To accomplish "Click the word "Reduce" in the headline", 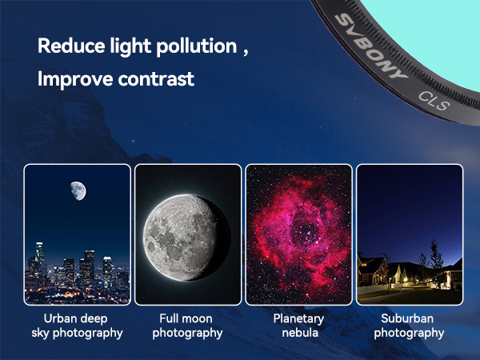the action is (x=71, y=46).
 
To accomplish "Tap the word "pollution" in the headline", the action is (x=197, y=46).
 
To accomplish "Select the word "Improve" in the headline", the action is (x=75, y=79).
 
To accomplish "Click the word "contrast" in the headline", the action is (x=156, y=79).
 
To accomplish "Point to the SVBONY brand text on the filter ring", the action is (x=371, y=46).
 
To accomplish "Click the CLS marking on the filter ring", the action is (x=434, y=101).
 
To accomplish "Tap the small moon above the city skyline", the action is (x=78, y=190).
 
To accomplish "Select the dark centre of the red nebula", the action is (x=304, y=233).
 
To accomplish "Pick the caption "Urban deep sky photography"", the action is (x=77, y=326).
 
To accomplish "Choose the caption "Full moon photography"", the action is (x=187, y=326).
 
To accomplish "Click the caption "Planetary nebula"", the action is (x=299, y=326).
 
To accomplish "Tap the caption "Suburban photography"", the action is (x=409, y=326).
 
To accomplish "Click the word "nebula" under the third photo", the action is (x=300, y=333).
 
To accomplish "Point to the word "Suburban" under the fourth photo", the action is (x=407, y=318).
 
